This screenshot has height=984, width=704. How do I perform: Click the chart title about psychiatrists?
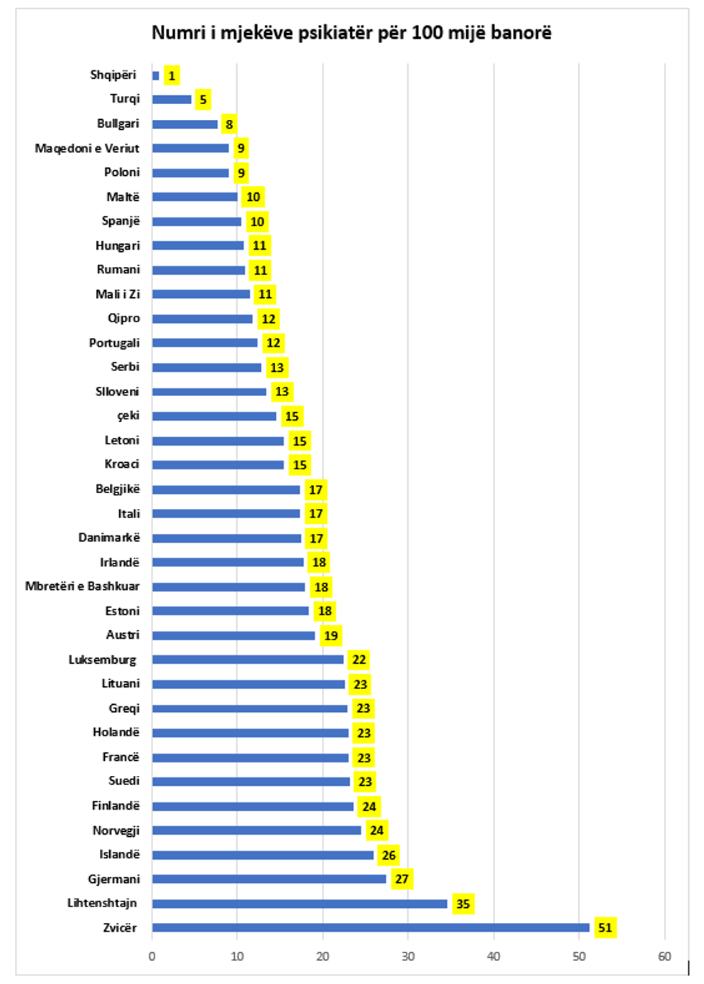click(351, 33)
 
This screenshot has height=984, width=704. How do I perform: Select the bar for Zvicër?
click(370, 927)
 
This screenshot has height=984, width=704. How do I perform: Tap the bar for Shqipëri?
click(156, 75)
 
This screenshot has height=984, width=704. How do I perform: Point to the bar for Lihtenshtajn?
click(300, 904)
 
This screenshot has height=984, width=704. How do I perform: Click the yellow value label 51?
click(606, 927)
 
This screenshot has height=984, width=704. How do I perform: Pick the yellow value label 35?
click(463, 904)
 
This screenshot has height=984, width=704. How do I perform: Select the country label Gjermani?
click(114, 878)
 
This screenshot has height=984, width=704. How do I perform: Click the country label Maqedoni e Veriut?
click(87, 148)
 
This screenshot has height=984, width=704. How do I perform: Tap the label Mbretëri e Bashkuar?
click(82, 586)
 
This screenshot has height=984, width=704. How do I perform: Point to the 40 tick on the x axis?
click(494, 956)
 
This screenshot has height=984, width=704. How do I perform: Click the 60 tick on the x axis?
click(664, 956)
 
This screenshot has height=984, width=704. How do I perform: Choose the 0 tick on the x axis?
click(152, 956)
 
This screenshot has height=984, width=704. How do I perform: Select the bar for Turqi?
click(172, 100)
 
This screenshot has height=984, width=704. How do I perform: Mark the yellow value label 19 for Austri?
click(330, 635)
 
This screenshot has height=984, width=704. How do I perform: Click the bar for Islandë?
click(263, 855)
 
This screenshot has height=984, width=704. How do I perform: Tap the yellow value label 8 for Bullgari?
click(229, 124)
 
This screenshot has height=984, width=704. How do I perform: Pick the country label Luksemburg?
click(102, 660)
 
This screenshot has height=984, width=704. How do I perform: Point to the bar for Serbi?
click(207, 367)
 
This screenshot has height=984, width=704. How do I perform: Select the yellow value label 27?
click(402, 879)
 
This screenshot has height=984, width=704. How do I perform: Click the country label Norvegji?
click(116, 830)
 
